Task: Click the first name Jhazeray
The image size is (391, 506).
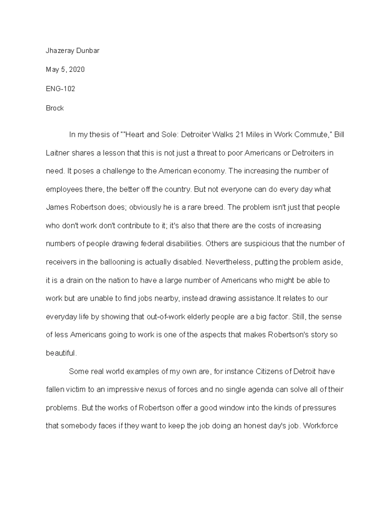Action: (x=60, y=51)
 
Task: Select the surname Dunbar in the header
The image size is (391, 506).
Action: (x=88, y=51)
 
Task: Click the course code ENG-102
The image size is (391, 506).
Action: (x=60, y=89)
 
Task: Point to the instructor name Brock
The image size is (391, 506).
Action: (x=55, y=108)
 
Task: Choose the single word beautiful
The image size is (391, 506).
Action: (x=61, y=353)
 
